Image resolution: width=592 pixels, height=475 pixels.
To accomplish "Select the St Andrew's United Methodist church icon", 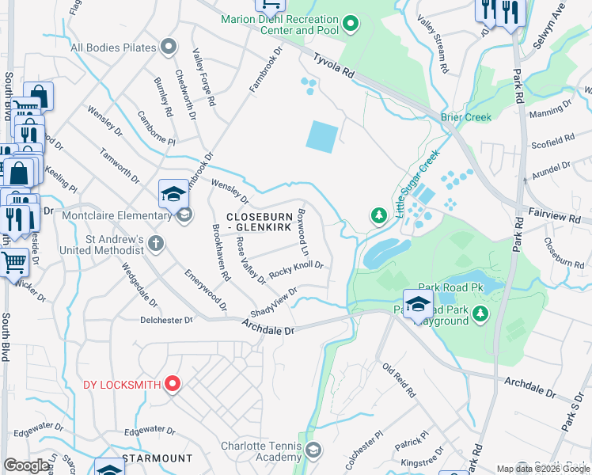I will pyautogui.click(x=156, y=243).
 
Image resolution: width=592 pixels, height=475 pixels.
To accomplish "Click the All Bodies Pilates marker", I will pyautogui.click(x=168, y=47).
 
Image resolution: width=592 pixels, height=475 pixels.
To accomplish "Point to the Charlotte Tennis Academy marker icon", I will pyautogui.click(x=313, y=450).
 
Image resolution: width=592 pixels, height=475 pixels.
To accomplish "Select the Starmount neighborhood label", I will pyautogui.click(x=157, y=458).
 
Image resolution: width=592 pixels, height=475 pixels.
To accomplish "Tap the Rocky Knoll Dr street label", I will pyautogui.click(x=296, y=270).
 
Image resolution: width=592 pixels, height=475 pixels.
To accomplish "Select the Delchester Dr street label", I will pyautogui.click(x=166, y=321).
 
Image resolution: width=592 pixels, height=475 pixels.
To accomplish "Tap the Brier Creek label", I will pyautogui.click(x=466, y=117).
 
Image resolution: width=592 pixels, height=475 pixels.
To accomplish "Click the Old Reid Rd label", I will pyautogui.click(x=399, y=380).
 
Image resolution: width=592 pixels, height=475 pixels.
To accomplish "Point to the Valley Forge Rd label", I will pyautogui.click(x=203, y=77).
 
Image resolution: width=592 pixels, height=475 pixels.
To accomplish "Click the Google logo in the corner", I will pyautogui.click(x=26, y=465).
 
